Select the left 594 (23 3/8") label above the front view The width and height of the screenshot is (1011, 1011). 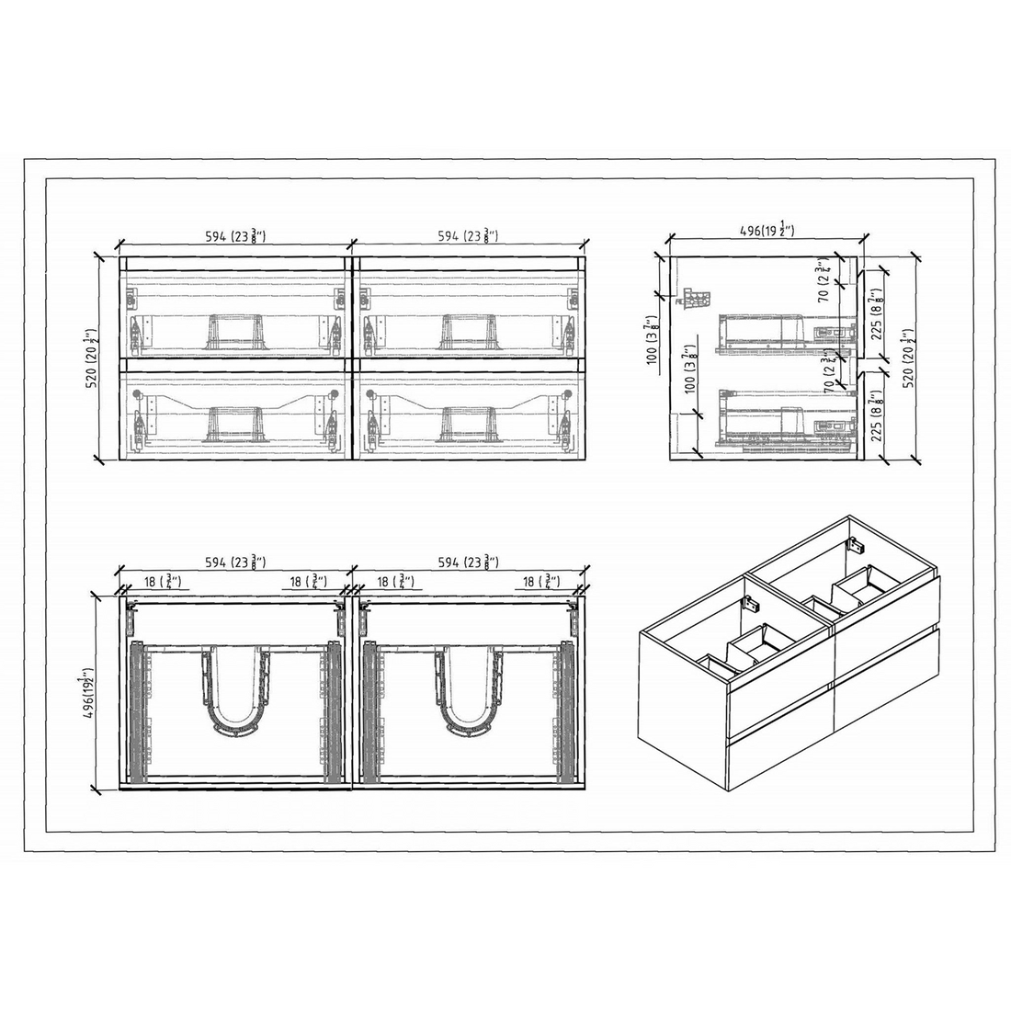click(234, 235)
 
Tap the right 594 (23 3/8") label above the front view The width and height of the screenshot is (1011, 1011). click(467, 235)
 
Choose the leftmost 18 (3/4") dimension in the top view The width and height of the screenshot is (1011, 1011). click(162, 581)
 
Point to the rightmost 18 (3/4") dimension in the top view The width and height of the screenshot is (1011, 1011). click(541, 581)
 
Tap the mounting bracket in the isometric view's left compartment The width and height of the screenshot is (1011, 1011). click(752, 604)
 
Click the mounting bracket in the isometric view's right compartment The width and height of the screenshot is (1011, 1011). click(857, 545)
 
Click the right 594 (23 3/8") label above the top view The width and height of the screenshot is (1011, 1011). click(467, 562)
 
